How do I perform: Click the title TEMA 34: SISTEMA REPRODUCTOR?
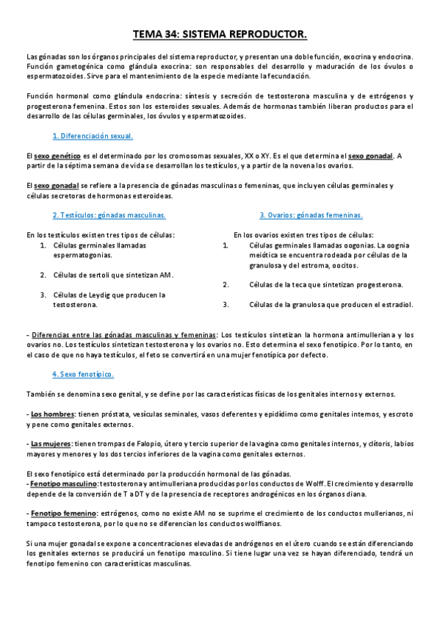tap(220, 34)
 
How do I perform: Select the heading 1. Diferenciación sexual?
tap(93, 137)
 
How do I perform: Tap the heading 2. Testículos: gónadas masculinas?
tap(109, 215)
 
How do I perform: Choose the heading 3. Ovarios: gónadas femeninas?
tap(311, 215)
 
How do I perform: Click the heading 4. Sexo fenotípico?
tap(83, 374)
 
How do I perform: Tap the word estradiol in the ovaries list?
tap(397, 303)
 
